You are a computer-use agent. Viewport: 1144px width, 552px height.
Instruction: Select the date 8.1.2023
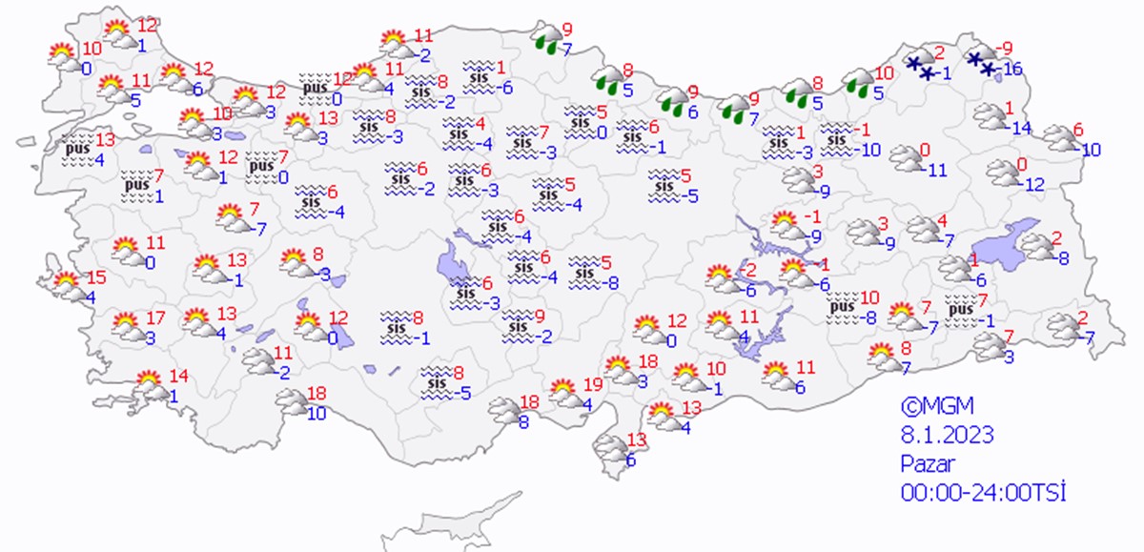(x=948, y=435)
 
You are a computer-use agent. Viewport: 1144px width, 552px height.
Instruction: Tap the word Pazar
(x=927, y=463)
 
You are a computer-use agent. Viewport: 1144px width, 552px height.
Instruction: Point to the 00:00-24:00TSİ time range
(x=982, y=493)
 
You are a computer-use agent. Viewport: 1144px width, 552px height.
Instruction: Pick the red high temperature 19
(x=593, y=384)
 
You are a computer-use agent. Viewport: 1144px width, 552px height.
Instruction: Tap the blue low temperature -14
(x=1020, y=128)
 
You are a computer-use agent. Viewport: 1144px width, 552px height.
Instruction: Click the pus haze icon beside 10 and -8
(x=842, y=310)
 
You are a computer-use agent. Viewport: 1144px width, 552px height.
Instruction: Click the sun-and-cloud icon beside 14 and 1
(x=150, y=386)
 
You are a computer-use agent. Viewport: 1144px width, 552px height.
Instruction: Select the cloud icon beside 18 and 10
(x=291, y=404)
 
